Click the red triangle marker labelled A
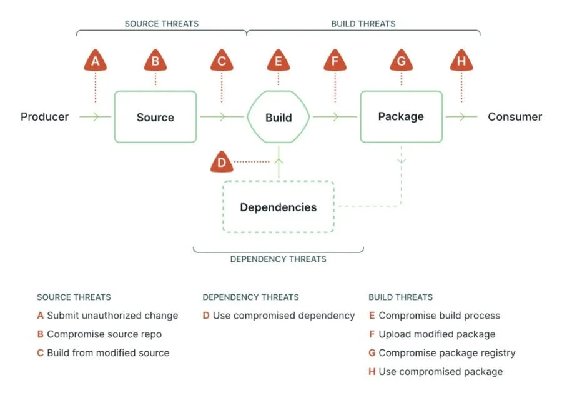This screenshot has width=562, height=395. coord(95,61)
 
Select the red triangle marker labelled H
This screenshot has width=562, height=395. coord(461,61)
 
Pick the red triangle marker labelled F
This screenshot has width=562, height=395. coord(335,61)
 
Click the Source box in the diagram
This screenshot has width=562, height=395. coord(155,117)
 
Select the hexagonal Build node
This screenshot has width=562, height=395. coord(279,117)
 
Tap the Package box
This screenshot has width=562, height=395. coord(401,116)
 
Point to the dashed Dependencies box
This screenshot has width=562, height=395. coord(279,207)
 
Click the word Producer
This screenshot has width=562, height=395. coord(44,117)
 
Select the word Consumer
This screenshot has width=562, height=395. coord(515,117)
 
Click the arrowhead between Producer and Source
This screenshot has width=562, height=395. coord(95,117)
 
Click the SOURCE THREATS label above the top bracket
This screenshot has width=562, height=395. coord(161,24)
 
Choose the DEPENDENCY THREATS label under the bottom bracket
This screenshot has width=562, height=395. coord(278,259)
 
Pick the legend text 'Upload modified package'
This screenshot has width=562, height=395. coord(436,334)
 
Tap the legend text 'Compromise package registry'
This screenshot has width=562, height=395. coord(446,353)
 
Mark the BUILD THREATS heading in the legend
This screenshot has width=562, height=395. coord(400,297)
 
